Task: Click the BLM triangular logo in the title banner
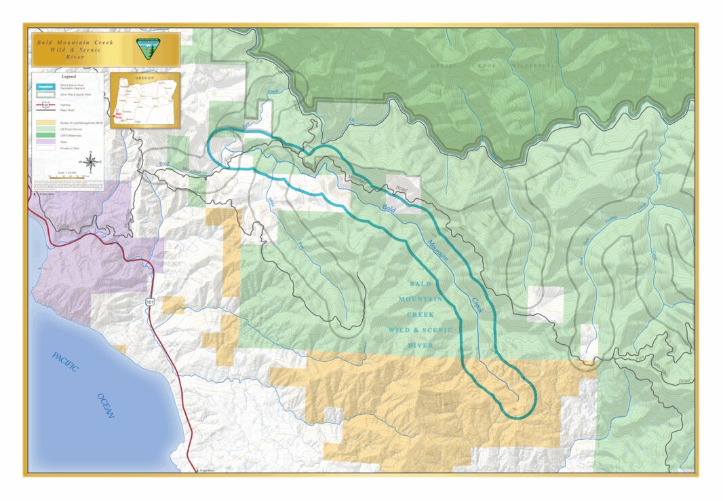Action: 146,48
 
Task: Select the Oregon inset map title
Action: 144,78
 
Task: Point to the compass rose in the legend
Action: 90,162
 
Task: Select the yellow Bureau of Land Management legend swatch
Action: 45,122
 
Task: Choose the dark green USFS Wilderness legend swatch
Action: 45,134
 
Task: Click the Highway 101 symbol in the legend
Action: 45,106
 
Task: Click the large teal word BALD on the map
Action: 421,283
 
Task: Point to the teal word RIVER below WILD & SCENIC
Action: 420,346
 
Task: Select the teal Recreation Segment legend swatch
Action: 45,86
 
